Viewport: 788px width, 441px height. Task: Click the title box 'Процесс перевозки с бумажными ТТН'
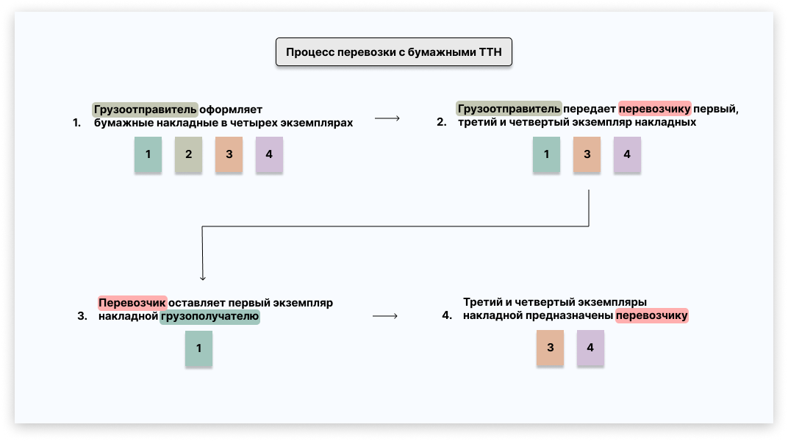coord(394,54)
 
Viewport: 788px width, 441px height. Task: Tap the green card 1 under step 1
coord(148,155)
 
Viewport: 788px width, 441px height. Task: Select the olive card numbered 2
coord(188,155)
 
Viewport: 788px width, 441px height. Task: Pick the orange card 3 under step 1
coord(229,155)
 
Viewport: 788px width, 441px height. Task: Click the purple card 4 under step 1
coord(269,155)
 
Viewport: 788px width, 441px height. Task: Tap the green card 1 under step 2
coord(546,155)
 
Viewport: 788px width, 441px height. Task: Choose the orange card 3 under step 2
coord(587,155)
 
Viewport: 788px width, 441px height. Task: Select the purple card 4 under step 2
coord(627,155)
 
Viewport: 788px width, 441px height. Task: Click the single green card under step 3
coord(198,348)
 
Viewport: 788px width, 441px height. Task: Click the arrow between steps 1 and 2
coord(387,118)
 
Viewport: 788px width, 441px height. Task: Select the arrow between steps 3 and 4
coord(384,316)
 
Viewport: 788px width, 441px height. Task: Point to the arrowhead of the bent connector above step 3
coord(202,278)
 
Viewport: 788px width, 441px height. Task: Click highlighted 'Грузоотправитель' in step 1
coord(146,110)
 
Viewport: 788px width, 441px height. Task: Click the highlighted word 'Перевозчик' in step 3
coord(132,303)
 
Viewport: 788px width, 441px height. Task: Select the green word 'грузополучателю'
coord(210,317)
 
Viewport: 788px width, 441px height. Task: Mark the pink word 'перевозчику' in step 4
coord(652,316)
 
